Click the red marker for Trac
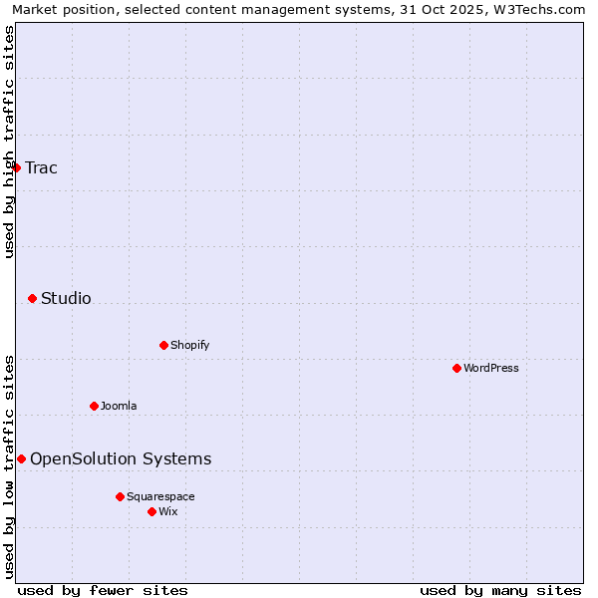(16, 167)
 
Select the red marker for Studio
(32, 298)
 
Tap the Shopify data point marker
(163, 345)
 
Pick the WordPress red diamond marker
(456, 368)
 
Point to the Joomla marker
(94, 406)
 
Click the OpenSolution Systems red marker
(21, 458)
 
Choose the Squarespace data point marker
(120, 496)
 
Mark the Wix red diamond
(151, 511)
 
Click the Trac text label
(41, 167)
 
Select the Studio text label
(66, 298)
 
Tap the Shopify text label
(189, 345)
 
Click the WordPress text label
(490, 368)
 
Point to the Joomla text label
(119, 406)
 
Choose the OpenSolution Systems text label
(121, 458)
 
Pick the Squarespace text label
(160, 496)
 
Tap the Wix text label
(167, 511)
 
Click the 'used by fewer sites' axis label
(103, 590)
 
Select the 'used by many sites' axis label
(500, 590)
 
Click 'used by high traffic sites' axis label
(9, 142)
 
